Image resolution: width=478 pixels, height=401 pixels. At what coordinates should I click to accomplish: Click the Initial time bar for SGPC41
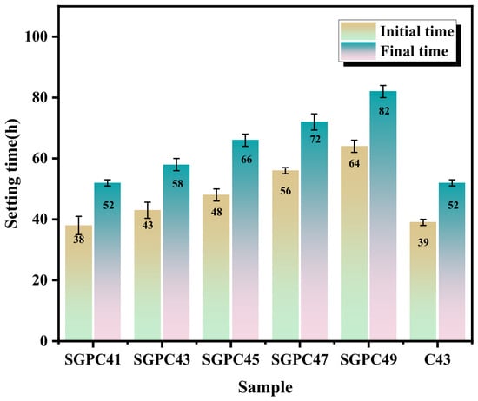(78, 283)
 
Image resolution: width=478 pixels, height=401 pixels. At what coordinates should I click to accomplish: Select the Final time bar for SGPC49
(383, 215)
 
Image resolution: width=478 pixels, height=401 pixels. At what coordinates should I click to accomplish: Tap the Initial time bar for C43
(423, 281)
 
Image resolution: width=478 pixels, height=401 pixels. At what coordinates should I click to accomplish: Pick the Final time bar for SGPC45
(245, 240)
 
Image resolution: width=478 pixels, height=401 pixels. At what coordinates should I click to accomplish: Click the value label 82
(384, 111)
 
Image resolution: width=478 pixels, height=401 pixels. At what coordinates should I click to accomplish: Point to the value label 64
(355, 163)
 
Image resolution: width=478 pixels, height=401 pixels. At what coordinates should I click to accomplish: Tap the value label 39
(423, 242)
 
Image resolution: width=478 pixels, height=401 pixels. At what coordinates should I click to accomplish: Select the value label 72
(315, 139)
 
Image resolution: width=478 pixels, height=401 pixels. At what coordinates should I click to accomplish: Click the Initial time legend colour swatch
(358, 31)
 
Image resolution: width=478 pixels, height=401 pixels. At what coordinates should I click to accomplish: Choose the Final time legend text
(414, 51)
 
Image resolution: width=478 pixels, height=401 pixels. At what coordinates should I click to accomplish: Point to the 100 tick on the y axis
(55, 36)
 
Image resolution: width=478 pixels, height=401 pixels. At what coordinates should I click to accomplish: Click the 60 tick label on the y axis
(40, 159)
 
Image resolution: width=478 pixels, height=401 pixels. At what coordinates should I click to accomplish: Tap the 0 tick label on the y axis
(44, 341)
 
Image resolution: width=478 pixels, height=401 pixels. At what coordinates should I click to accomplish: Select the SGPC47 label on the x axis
(300, 360)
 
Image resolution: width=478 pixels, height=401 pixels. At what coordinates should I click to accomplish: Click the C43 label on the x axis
(437, 360)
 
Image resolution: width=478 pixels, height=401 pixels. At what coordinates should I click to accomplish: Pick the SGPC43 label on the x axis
(162, 360)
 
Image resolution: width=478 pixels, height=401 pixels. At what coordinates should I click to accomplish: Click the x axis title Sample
(265, 388)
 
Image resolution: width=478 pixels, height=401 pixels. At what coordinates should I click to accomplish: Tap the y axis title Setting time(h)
(12, 174)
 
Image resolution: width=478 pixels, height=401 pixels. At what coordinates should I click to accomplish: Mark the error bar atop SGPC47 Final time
(315, 122)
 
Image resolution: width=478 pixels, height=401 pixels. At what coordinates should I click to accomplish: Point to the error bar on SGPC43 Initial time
(148, 210)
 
